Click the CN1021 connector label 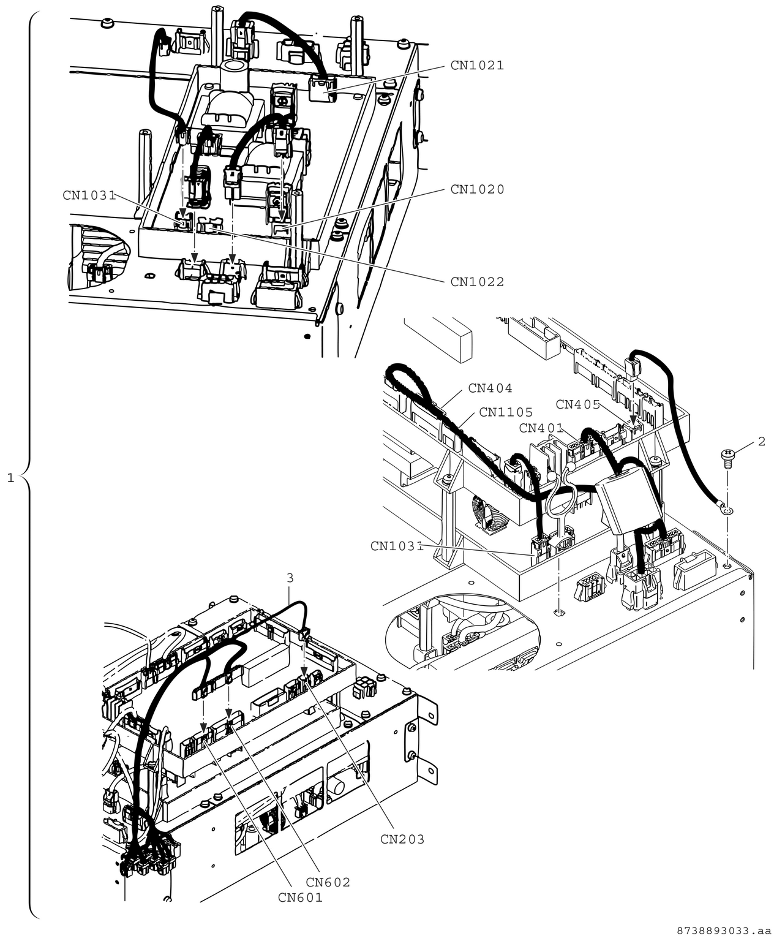point(477,66)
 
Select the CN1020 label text point(477,190)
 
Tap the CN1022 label point(477,282)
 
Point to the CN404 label point(490,388)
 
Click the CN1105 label point(506,412)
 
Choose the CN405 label point(577,405)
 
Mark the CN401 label point(541,428)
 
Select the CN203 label point(402,839)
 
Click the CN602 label point(328,882)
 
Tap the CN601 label point(300,898)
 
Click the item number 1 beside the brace point(10,477)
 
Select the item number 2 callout point(761,442)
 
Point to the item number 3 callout point(290,578)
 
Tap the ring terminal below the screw point(727,510)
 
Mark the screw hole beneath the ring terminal point(726,566)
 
